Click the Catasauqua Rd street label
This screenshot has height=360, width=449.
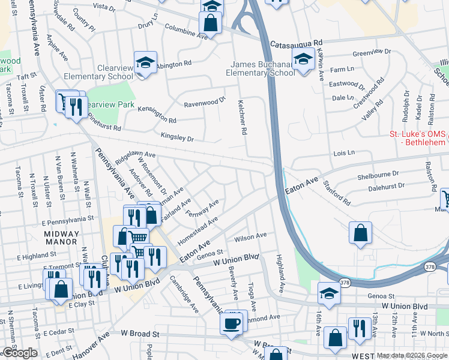(x=297, y=44)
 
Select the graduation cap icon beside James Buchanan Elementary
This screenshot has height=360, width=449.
(x=304, y=59)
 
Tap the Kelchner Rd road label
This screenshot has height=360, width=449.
(x=243, y=116)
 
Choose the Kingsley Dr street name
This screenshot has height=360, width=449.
(x=178, y=138)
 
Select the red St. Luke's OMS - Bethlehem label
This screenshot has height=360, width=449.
(x=418, y=138)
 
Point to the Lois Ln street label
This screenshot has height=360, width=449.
(x=345, y=154)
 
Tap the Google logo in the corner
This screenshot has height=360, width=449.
(x=20, y=353)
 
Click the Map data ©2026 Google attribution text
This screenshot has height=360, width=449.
(x=412, y=355)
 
